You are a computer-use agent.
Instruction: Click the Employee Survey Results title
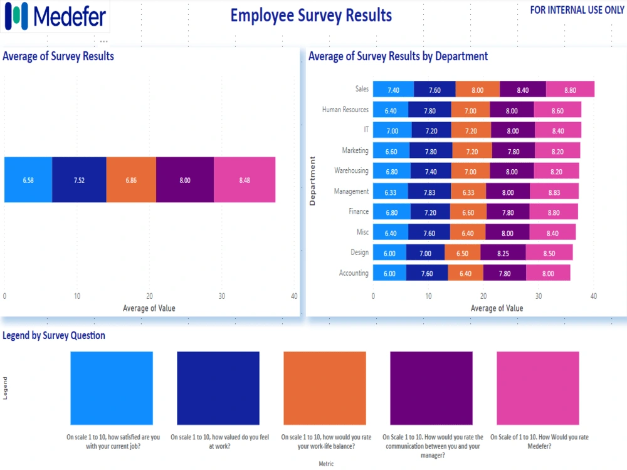point(311,15)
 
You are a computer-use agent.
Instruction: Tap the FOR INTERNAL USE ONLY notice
point(577,10)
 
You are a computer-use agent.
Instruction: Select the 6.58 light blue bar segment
point(28,180)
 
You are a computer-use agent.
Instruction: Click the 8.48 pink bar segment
point(245,180)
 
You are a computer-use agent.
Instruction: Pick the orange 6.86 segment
point(131,180)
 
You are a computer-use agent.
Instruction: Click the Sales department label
point(362,90)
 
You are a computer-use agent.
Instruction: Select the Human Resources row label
point(345,110)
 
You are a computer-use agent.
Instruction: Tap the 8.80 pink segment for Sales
point(570,90)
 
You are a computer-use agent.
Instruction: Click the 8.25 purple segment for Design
point(503,253)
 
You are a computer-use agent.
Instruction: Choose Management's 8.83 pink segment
point(554,192)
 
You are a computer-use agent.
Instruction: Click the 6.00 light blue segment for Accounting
point(389,273)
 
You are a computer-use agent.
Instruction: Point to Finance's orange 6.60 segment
point(468,212)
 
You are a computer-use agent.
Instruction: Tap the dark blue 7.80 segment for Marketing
point(431,151)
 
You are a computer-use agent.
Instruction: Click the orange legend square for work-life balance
point(324,389)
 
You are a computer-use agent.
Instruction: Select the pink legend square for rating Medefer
point(537,389)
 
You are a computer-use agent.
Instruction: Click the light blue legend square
point(111,389)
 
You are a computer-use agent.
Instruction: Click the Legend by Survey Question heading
point(54,335)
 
